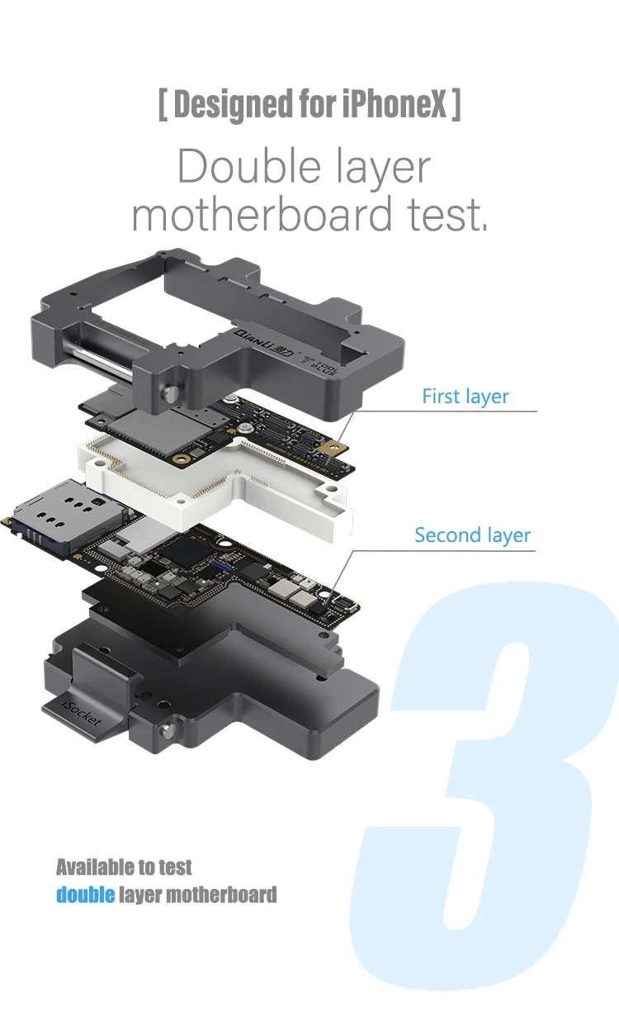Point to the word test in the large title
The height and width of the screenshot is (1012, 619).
pos(447,215)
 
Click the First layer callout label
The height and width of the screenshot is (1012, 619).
pos(465,397)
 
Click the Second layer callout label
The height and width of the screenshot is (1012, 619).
pos(472,535)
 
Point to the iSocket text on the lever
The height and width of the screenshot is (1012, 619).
pos(83,711)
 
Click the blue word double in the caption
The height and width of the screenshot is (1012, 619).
pos(85,894)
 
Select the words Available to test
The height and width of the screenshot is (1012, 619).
pos(124,867)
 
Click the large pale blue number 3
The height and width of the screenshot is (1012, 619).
pos(487,785)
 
